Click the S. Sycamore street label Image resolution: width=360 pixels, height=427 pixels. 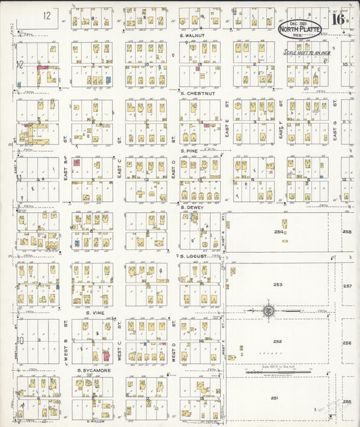click(x=93, y=370)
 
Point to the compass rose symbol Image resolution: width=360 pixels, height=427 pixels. click(x=269, y=310)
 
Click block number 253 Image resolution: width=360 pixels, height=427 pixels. click(x=278, y=284)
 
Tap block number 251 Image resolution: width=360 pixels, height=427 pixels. click(x=275, y=399)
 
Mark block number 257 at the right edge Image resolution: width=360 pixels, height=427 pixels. click(x=347, y=286)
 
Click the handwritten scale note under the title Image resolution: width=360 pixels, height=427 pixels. click(x=308, y=51)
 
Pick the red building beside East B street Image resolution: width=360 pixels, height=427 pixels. click(x=76, y=162)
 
